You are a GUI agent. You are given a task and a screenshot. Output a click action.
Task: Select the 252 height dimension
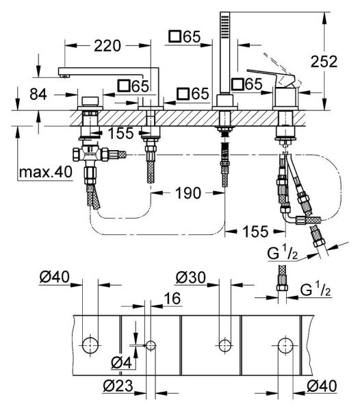pos(323,61)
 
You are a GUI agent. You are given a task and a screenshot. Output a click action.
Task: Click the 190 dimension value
pos(188,194)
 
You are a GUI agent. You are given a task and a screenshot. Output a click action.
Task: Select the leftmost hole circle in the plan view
pos(88,344)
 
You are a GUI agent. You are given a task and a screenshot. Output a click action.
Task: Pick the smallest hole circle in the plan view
pos(151,344)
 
